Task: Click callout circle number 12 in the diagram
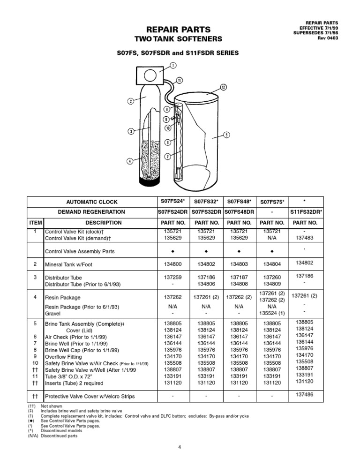pyautogui.click(x=224, y=87)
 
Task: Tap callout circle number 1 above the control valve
pyautogui.click(x=173, y=65)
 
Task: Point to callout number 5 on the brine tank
pyautogui.click(x=226, y=135)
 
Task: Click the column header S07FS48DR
pyautogui.click(x=238, y=212)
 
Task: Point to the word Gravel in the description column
pyautogui.click(x=53, y=314)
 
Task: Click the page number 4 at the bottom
pyautogui.click(x=180, y=446)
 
